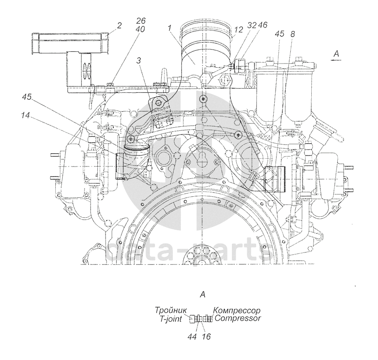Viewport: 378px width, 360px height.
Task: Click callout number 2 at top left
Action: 120,25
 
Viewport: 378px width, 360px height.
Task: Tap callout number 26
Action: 141,21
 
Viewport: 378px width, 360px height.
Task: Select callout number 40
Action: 140,29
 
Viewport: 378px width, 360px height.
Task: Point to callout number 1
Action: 170,28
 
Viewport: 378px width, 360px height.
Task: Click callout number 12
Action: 239,30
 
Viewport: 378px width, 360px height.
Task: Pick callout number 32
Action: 252,25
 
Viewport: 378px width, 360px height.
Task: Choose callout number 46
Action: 262,25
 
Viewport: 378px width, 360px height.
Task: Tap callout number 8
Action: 293,34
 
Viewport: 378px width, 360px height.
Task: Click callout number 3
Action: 138,60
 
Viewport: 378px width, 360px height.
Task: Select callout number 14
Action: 25,116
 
